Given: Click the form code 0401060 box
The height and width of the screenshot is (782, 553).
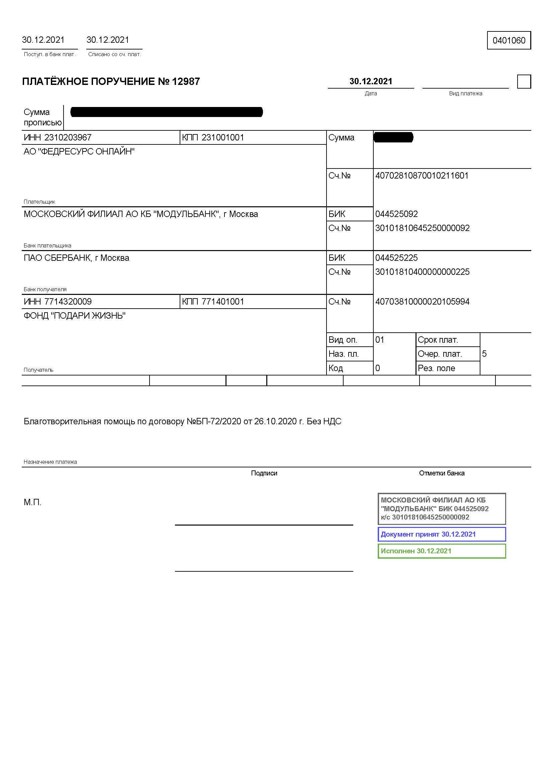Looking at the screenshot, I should click(509, 40).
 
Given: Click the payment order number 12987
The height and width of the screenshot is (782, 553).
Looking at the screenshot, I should click(186, 81).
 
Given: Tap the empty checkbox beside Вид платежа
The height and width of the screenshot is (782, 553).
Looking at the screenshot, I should click(524, 82).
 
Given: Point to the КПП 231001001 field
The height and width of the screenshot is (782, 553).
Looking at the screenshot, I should click(213, 138).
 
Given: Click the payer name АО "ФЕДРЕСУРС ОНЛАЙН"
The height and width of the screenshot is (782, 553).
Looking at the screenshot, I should click(79, 151).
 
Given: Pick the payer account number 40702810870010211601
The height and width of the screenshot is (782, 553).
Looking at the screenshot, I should click(422, 176).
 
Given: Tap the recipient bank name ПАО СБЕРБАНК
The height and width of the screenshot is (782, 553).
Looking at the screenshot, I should click(76, 258).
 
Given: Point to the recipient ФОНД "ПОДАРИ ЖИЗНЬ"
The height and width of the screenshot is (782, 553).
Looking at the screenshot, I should click(75, 316).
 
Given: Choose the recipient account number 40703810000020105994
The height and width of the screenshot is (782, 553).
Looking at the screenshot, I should click(422, 302).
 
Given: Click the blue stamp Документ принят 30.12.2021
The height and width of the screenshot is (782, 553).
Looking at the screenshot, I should click(442, 534).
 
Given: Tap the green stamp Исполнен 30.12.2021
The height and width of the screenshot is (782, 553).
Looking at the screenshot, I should click(442, 551).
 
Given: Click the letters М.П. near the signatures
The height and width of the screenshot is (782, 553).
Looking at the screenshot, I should click(32, 502).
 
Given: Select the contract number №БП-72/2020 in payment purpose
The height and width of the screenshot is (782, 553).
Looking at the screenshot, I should click(214, 422).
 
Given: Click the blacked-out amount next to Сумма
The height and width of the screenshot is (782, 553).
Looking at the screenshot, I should click(393, 138).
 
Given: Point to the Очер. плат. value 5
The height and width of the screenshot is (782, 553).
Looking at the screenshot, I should click(484, 354).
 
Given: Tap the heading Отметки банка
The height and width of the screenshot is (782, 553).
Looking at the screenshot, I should click(442, 473).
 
